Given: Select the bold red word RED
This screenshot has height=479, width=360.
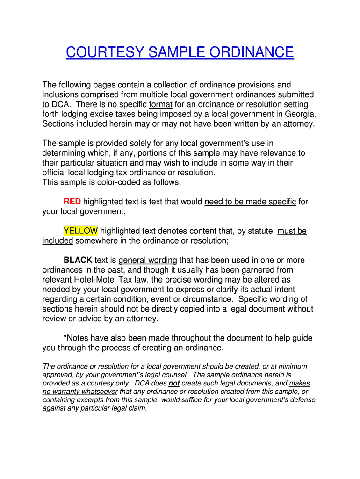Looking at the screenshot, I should coord(72,202).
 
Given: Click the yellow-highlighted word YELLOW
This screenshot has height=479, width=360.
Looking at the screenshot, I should coord(80,231).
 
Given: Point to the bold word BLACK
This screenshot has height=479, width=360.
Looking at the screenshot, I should coord(78,260).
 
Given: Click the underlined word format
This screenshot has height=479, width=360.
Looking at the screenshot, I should coord(160,104).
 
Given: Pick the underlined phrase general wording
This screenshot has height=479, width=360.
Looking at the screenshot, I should coord(148,260).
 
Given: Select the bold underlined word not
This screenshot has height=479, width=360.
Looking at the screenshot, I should coord(174,383).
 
